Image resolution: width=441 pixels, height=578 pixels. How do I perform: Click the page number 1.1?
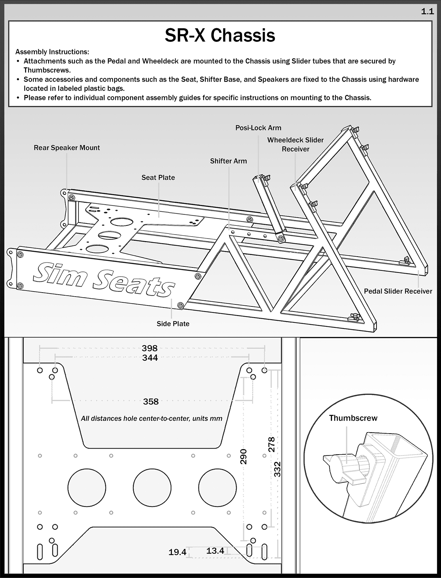click(x=427, y=12)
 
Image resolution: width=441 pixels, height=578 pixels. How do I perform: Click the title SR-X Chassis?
click(x=220, y=35)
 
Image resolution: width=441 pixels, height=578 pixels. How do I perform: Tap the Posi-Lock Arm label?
click(x=258, y=128)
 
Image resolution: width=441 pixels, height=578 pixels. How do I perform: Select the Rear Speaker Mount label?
click(x=67, y=148)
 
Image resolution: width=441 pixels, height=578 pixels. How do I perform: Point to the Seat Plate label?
click(x=158, y=178)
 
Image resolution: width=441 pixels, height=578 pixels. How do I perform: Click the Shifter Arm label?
click(x=228, y=161)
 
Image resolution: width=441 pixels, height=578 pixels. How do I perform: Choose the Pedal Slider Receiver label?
click(x=398, y=291)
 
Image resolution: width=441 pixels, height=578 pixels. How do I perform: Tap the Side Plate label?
click(x=173, y=324)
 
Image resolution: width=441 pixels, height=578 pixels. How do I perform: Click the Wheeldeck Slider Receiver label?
click(x=295, y=144)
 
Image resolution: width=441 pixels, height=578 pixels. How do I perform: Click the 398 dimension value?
click(x=150, y=348)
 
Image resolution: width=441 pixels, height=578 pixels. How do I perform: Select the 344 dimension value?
click(x=150, y=358)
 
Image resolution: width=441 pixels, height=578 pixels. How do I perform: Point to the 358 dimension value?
click(x=151, y=402)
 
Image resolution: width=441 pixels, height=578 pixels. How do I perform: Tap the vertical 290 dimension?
click(x=243, y=456)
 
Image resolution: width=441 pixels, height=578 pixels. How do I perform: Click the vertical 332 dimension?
click(x=278, y=469)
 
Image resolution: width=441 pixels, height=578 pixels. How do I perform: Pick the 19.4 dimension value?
click(x=177, y=552)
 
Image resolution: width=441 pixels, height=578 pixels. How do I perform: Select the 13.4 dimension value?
click(x=215, y=551)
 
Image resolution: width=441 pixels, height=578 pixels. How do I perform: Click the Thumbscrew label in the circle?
click(x=353, y=418)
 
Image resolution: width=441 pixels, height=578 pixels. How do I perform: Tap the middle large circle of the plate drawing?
click(x=152, y=487)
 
